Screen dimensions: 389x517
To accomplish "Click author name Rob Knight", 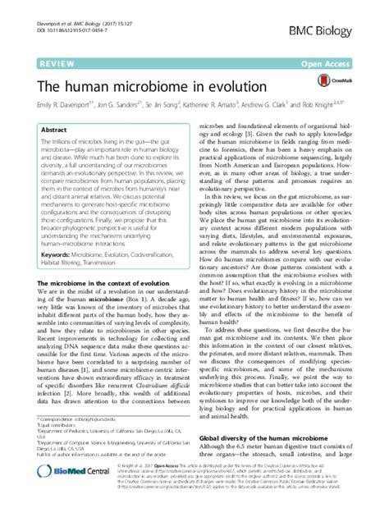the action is pos(355,107).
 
